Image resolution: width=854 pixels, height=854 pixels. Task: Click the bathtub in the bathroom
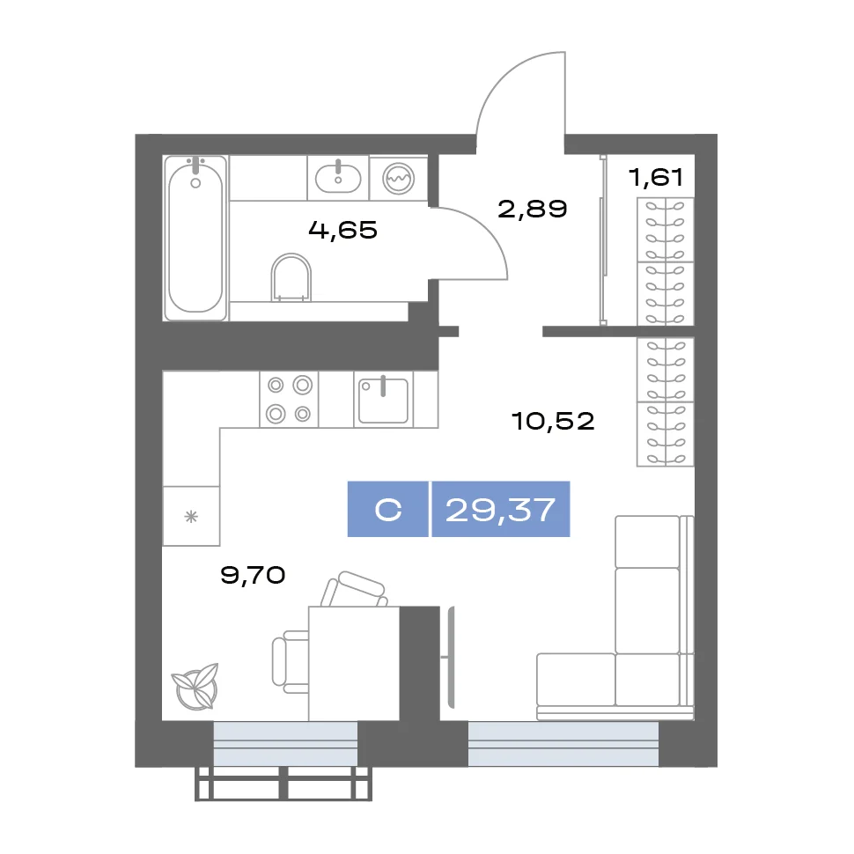(x=195, y=238)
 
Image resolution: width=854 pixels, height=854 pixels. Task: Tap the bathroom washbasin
(x=338, y=178)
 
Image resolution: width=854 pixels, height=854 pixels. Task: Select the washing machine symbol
(x=398, y=179)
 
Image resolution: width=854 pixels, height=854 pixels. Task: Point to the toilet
(x=291, y=277)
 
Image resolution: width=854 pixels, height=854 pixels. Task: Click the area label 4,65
(x=342, y=230)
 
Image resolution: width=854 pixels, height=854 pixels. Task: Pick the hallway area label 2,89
(x=532, y=209)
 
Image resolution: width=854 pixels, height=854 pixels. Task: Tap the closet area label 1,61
(x=655, y=178)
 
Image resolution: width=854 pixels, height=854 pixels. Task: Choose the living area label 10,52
(x=552, y=421)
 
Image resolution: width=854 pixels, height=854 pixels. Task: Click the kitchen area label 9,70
(x=253, y=575)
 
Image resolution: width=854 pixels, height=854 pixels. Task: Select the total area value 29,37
(x=501, y=510)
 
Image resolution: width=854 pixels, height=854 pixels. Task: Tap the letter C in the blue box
(x=387, y=511)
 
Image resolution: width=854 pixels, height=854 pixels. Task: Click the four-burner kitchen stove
(x=289, y=399)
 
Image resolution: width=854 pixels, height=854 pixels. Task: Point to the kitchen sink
(x=384, y=399)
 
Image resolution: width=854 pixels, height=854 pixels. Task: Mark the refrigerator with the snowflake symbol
(x=191, y=516)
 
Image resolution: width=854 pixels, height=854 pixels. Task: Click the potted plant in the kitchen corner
(x=195, y=686)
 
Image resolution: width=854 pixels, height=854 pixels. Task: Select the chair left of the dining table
(x=291, y=662)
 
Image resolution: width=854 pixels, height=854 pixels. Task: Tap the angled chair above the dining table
(x=354, y=589)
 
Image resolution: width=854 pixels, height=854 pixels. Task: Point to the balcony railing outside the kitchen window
(x=283, y=784)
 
